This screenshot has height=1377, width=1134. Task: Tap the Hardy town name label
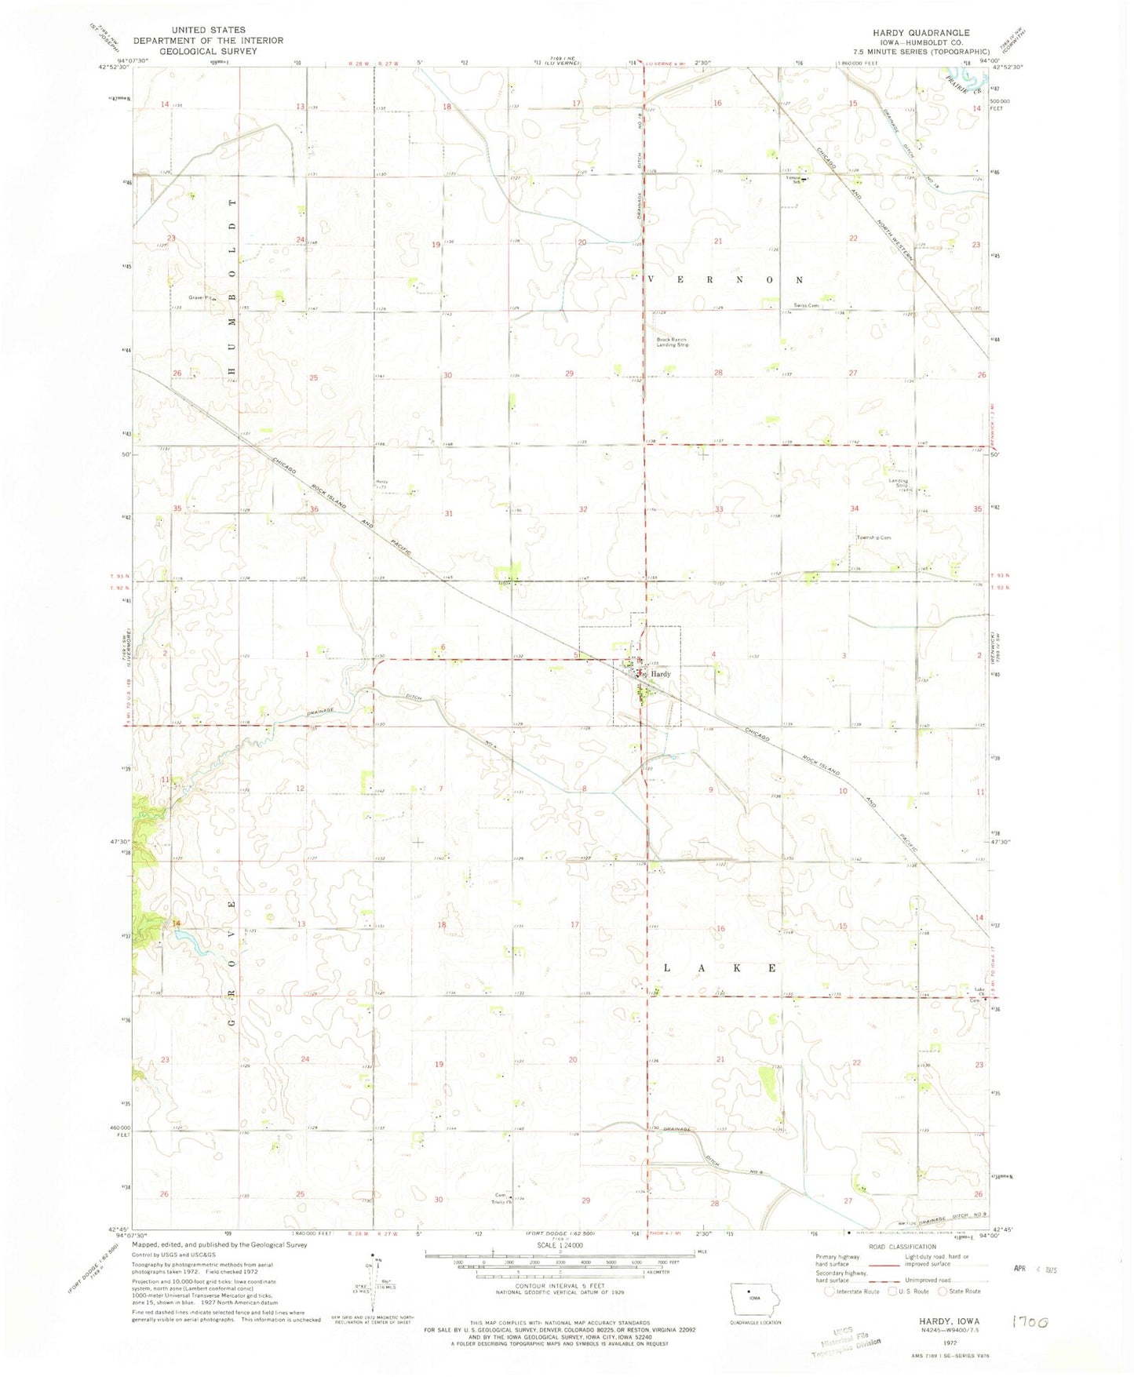pos(660,674)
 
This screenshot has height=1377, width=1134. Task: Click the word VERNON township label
pos(723,279)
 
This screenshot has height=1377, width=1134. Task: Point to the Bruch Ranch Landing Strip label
pos(673,342)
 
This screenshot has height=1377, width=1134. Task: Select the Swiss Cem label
pos(806,306)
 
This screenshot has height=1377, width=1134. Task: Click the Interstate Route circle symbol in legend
pos(830,1291)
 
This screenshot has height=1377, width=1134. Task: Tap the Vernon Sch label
pos(797,177)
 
